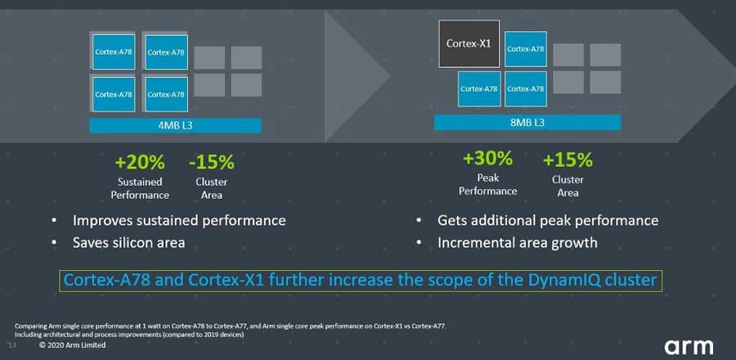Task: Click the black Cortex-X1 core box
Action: click(469, 43)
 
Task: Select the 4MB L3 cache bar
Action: click(176, 125)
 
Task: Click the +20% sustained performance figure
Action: click(139, 161)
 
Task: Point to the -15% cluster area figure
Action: click(211, 161)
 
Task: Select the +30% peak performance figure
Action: click(487, 157)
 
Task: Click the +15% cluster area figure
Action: click(568, 159)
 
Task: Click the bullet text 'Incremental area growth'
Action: click(517, 242)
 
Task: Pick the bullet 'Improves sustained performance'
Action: click(179, 220)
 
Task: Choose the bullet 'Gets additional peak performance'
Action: click(547, 220)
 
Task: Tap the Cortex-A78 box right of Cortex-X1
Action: click(525, 49)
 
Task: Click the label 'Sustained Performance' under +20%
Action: click(140, 188)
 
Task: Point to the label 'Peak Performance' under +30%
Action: click(487, 184)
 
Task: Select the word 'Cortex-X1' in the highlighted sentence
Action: click(229, 280)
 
